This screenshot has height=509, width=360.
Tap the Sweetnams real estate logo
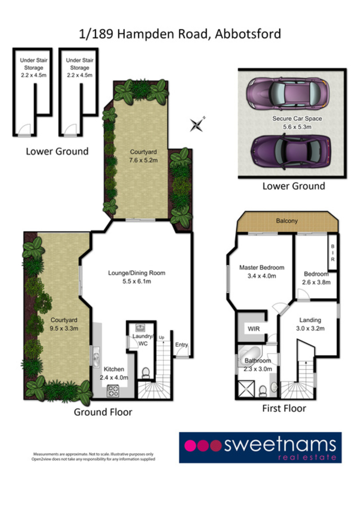tap(260, 447)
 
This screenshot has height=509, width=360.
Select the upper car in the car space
tap(288, 93)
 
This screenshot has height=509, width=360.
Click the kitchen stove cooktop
tap(112, 392)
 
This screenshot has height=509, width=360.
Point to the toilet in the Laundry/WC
tap(145, 373)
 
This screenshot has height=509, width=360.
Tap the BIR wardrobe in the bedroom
tap(333, 253)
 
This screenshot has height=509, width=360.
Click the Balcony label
tap(287, 221)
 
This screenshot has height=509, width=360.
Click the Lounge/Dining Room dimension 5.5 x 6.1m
tap(136, 282)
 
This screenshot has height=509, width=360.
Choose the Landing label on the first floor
tap(310, 320)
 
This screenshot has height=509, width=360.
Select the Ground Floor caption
tap(103, 411)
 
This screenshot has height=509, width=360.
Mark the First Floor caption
tap(284, 408)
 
